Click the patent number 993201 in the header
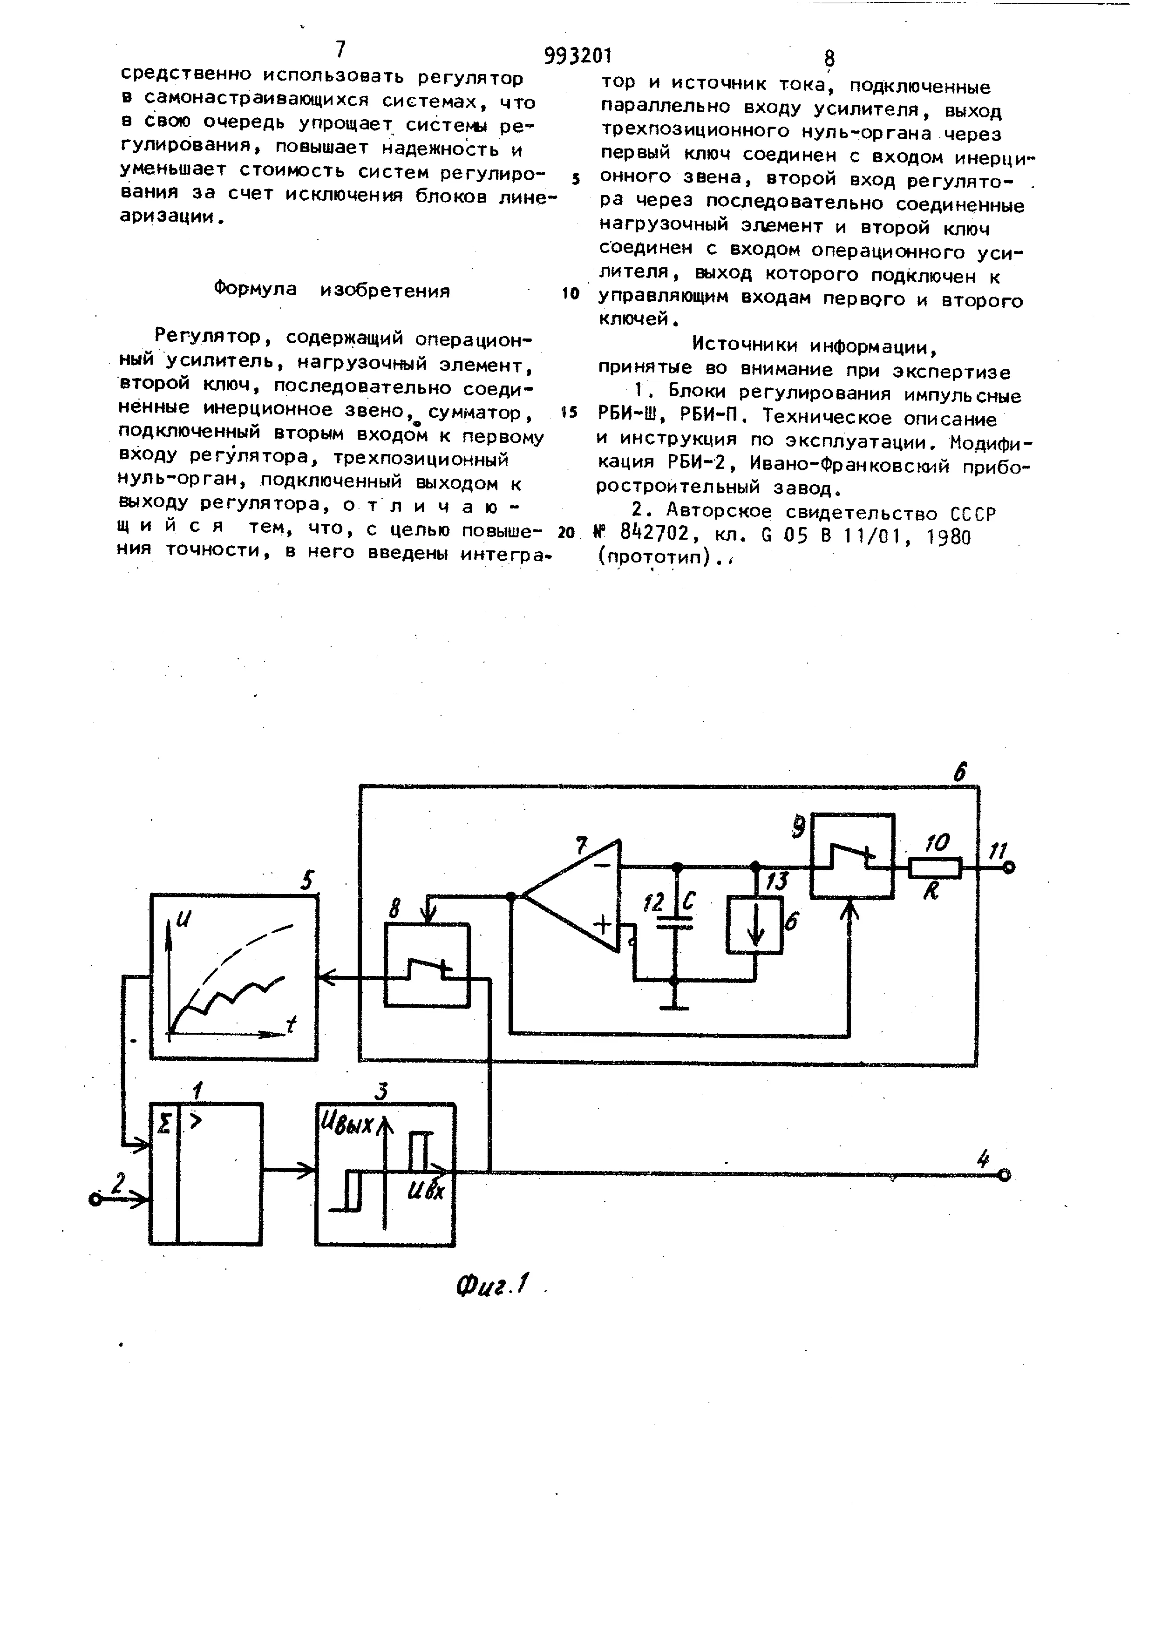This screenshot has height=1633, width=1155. click(x=577, y=55)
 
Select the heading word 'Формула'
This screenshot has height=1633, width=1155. click(x=255, y=290)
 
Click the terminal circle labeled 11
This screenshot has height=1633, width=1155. click(x=1008, y=867)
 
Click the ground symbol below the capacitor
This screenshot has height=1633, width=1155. click(x=675, y=1007)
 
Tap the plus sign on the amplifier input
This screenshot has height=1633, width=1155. click(x=603, y=925)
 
